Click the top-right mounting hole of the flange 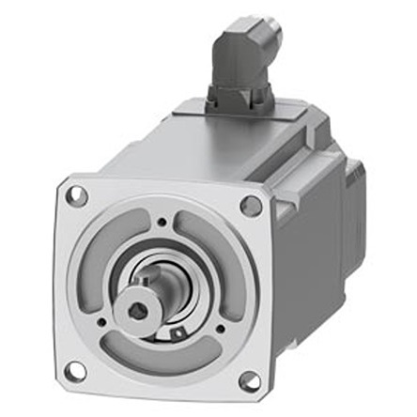coord(251,205)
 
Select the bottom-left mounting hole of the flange coord(76,371)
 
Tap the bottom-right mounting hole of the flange coord(250,380)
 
